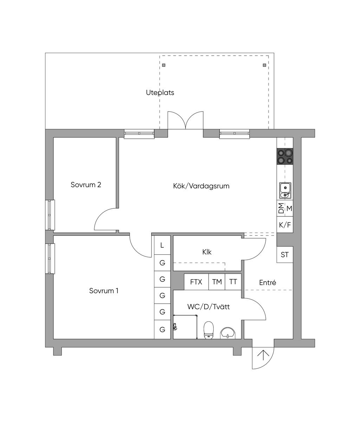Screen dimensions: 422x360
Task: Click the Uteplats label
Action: point(160,93)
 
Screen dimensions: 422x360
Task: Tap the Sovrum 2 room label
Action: point(86,185)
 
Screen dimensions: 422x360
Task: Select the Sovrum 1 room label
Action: point(104,291)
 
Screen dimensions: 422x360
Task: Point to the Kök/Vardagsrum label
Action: point(201,186)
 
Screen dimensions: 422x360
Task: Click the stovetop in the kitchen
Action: point(285,157)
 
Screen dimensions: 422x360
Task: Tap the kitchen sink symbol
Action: point(285,190)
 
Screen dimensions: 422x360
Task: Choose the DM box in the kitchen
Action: point(281,208)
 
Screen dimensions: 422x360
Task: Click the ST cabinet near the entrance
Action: point(285,254)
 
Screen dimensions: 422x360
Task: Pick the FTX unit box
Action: point(196,282)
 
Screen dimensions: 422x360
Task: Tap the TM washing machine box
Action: point(217,282)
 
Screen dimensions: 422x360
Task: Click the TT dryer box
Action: point(233,282)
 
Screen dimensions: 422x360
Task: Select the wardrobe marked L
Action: point(162,245)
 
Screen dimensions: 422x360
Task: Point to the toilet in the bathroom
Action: point(209,329)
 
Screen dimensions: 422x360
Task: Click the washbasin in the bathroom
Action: point(229,333)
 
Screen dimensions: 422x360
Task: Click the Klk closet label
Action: point(207,252)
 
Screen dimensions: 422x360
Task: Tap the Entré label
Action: point(268,283)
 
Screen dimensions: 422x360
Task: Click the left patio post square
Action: point(164,65)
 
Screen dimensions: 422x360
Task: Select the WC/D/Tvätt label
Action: point(208,307)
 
